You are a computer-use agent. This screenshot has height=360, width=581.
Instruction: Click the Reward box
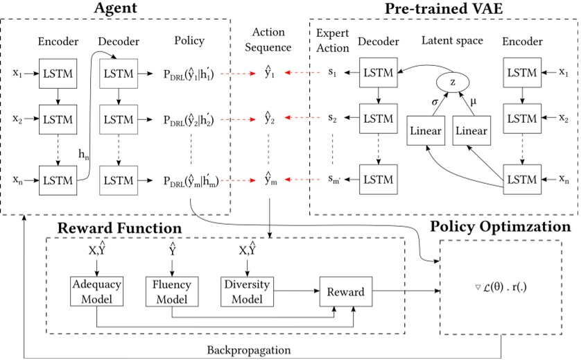(x=345, y=292)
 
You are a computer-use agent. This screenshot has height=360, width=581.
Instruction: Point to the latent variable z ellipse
(x=452, y=82)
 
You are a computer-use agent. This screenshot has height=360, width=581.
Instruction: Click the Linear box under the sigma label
(x=426, y=130)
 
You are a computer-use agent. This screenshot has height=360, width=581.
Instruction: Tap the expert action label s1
(x=333, y=72)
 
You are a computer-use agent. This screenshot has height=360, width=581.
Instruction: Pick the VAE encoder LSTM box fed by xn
(x=521, y=179)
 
